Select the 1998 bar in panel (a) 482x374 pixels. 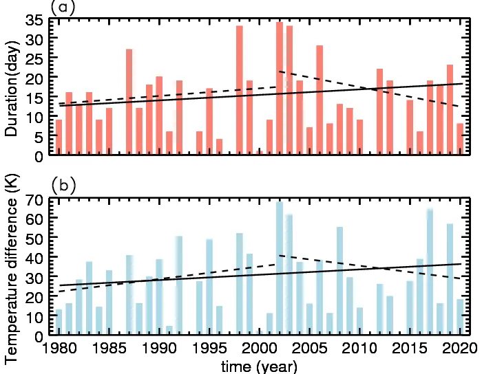click(240, 89)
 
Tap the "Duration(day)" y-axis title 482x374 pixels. click(12, 87)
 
